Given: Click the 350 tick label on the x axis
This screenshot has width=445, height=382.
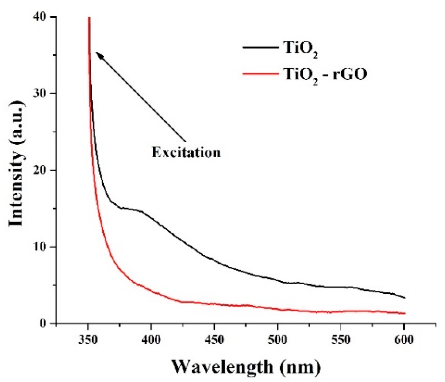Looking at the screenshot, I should pyautogui.click(x=88, y=340).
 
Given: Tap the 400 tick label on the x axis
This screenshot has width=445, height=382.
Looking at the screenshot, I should pyautogui.click(x=151, y=340).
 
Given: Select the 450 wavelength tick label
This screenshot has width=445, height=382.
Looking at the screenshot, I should pyautogui.click(x=214, y=340).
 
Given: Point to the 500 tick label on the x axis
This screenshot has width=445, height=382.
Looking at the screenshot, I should pyautogui.click(x=277, y=340).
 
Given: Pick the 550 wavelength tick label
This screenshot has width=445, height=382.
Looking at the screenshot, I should pyautogui.click(x=341, y=340).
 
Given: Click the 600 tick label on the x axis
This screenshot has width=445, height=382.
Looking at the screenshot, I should pyautogui.click(x=404, y=340).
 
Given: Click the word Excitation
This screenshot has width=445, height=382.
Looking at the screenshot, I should pyautogui.click(x=186, y=152).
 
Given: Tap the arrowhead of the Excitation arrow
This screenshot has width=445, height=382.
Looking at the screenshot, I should pyautogui.click(x=99, y=55).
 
